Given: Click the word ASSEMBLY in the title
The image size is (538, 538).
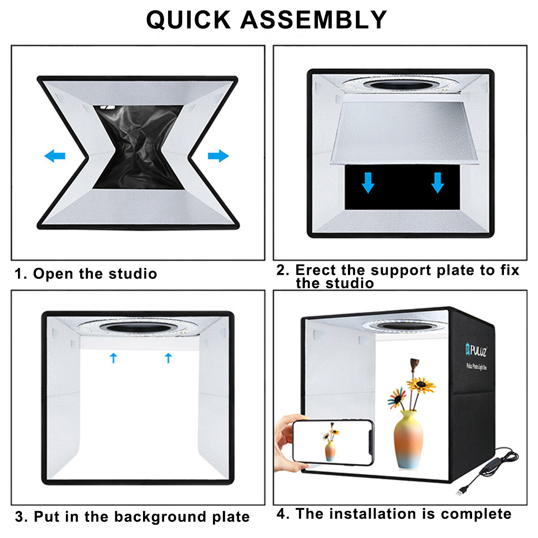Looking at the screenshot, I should tap(313, 20).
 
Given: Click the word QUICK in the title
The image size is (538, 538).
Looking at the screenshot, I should tap(188, 20).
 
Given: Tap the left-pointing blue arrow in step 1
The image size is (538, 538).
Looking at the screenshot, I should tap(55, 156).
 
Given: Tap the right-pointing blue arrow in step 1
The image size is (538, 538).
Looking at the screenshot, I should tap(218, 156).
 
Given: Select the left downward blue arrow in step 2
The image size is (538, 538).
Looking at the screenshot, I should tap(368, 183).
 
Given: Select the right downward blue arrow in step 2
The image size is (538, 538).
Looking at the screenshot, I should tap(438, 183).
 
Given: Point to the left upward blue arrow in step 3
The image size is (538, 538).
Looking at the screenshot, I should tap(113, 357).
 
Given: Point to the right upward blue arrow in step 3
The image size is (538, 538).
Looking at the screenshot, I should tap(168, 357).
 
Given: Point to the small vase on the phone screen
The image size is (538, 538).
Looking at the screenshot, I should tap(330, 451).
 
